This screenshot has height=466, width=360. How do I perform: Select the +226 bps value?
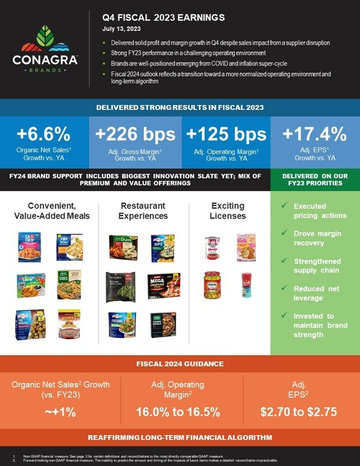[x=134, y=133]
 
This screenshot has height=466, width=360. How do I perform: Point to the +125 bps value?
[x=224, y=133]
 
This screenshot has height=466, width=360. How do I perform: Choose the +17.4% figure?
[x=314, y=133]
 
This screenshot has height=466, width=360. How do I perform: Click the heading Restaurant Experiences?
[x=142, y=211]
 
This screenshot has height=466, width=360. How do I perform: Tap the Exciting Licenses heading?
[x=227, y=211]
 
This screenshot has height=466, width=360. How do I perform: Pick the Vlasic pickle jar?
[x=212, y=284]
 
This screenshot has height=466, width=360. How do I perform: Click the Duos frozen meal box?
[x=122, y=247]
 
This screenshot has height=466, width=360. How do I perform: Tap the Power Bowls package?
[x=163, y=324]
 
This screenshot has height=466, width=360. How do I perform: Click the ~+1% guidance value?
[x=60, y=412]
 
